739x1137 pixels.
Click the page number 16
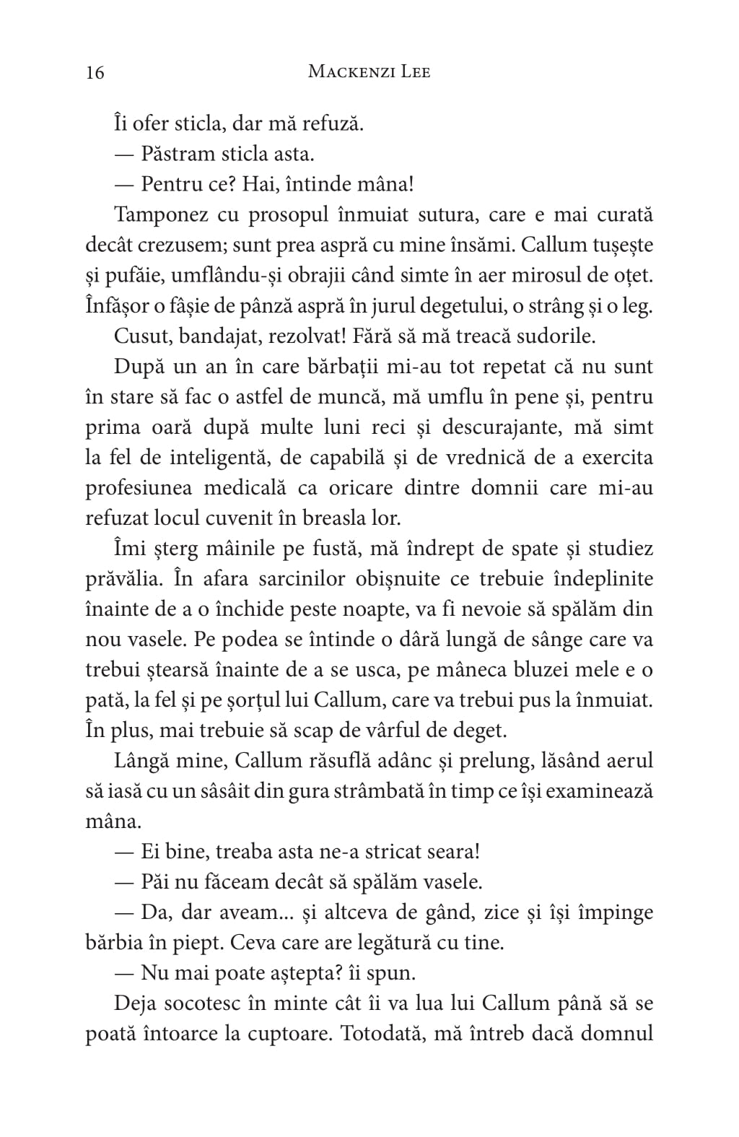coord(95,73)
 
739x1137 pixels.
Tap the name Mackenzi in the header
coord(349,71)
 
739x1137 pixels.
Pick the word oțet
coord(634,276)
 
